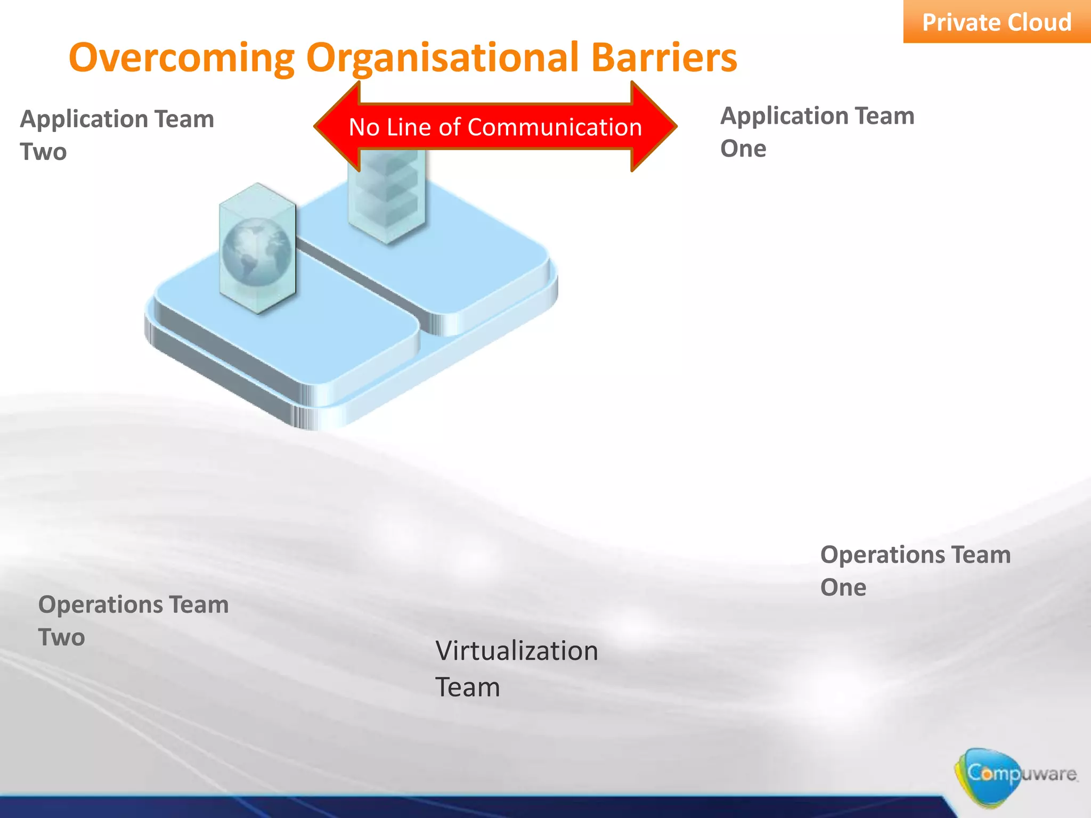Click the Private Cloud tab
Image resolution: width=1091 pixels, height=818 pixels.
996,22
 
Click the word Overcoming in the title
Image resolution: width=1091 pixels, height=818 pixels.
181,58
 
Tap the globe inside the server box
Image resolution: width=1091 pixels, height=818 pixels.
256,252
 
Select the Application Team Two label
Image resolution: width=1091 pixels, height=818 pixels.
117,135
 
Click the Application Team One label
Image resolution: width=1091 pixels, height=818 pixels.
817,132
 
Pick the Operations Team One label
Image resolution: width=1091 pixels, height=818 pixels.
915,570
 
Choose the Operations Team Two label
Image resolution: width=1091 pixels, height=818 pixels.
133,620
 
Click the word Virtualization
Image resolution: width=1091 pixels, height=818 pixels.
516,651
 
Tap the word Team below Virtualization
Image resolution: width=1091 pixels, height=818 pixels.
468,687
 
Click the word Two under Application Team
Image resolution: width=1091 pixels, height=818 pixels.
43,152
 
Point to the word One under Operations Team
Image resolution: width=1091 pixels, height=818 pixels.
843,587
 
